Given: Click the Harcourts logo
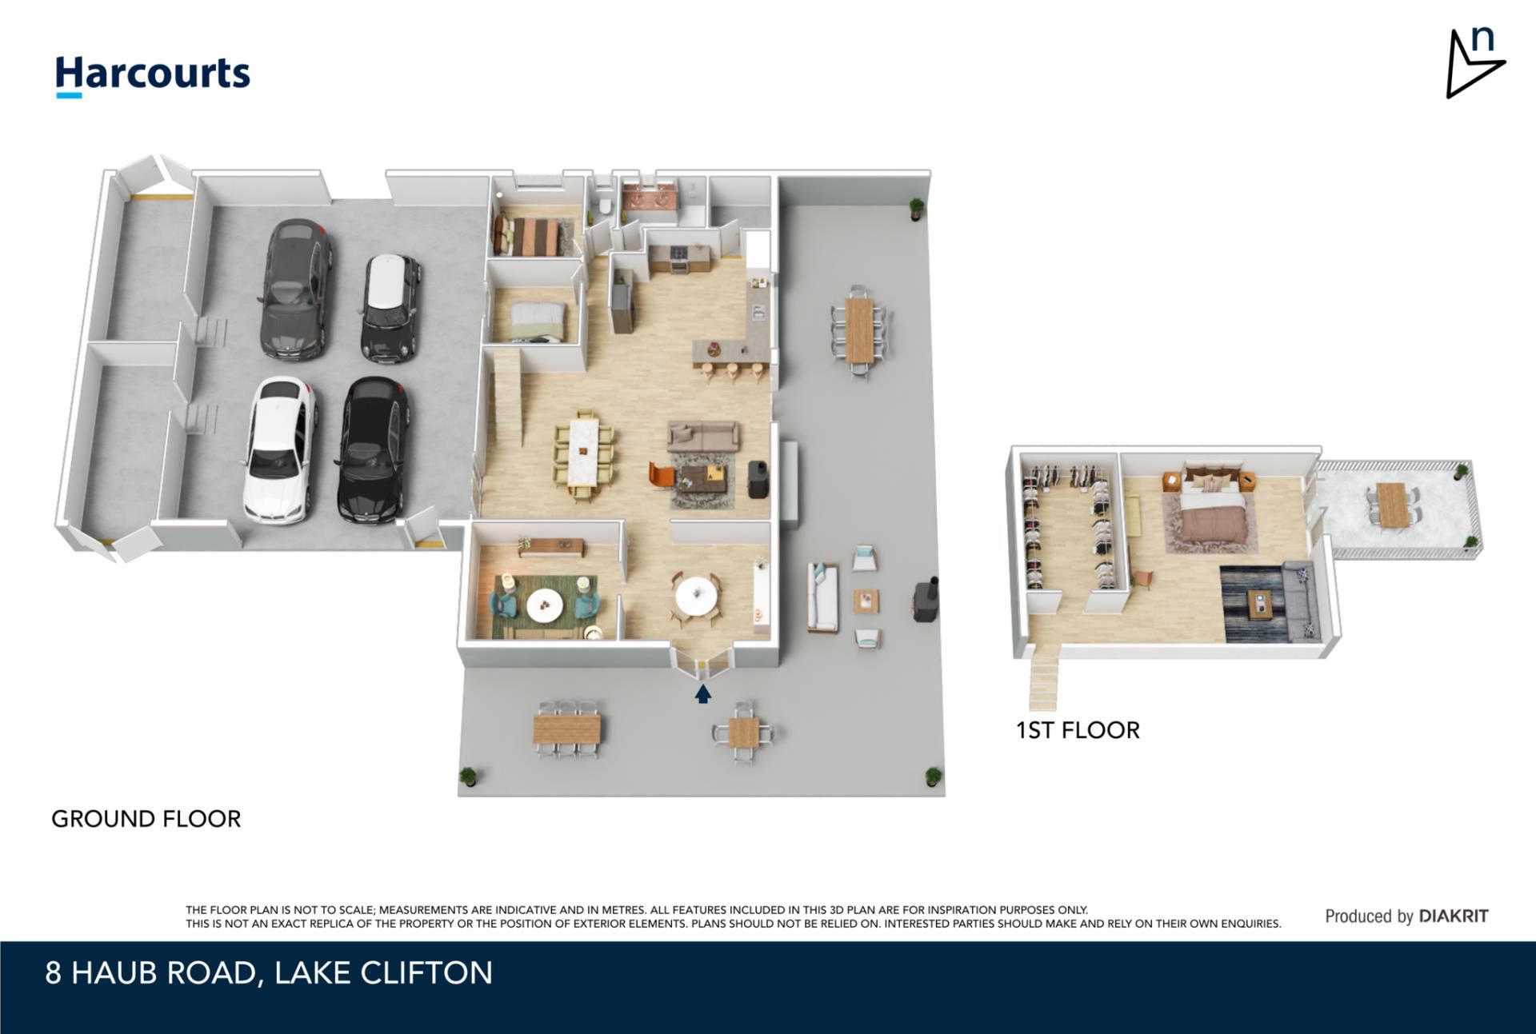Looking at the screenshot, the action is (152, 75).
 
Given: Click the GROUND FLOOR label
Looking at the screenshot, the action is (146, 819).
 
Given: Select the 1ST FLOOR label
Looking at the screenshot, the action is (1078, 730).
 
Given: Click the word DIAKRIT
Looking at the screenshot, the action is (1454, 916).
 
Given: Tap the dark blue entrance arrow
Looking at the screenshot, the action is (702, 694).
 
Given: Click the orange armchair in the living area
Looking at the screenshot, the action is (662, 474).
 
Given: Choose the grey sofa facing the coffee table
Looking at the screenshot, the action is (702, 436).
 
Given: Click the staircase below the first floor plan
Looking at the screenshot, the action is (1042, 681).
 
